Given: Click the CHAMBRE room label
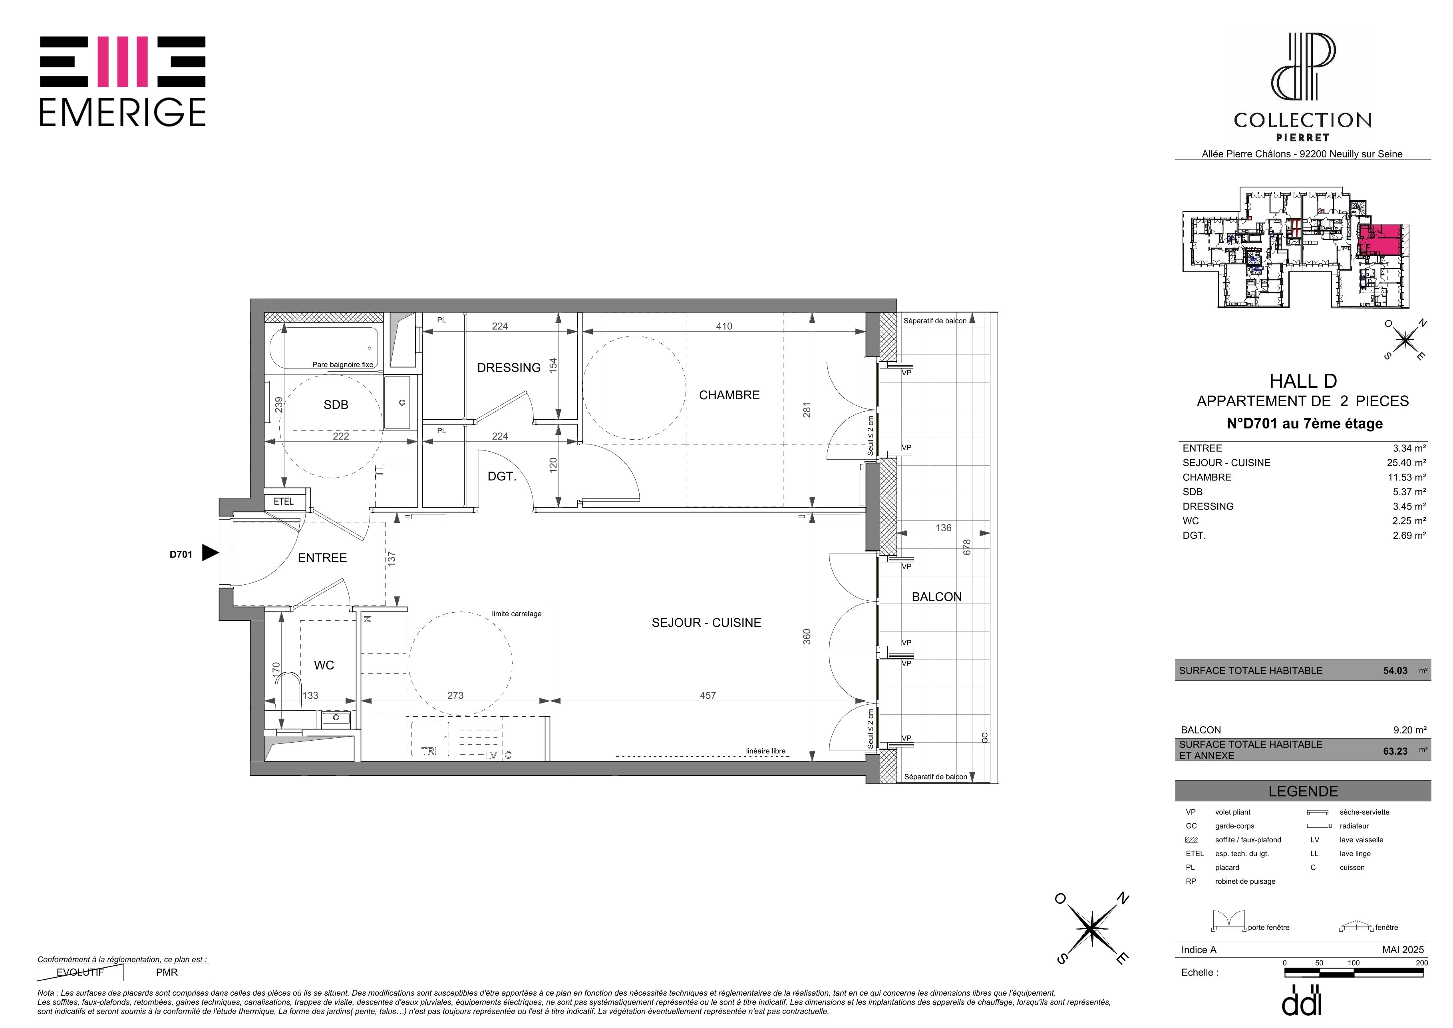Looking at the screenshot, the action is point(729,395).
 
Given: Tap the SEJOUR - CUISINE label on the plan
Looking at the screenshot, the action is point(706,623).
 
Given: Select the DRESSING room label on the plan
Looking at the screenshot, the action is point(509,368).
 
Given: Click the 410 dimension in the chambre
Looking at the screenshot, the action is point(724,327).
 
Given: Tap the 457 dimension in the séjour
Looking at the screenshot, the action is point(708,696).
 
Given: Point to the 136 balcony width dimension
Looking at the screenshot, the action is point(944,528).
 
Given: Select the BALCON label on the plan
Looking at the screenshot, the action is point(936,597).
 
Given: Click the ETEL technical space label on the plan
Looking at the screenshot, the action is point(284,501).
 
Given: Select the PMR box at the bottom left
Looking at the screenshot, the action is point(167,972).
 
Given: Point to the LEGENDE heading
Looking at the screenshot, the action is point(1303,791).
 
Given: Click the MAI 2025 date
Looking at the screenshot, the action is point(1403,950).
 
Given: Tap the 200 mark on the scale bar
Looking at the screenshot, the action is point(1422,963).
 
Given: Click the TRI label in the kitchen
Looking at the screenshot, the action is point(429,751).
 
